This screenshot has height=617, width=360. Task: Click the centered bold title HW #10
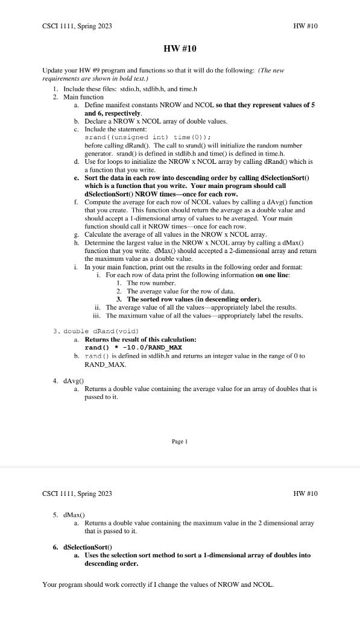tap(180, 48)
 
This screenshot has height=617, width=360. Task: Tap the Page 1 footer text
tap(180, 442)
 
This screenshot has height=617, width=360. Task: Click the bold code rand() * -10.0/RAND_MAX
tap(133, 348)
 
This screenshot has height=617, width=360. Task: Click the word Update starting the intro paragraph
tap(53, 70)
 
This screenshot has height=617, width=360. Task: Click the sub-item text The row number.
tap(151, 283)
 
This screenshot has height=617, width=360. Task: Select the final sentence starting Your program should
tap(158, 584)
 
